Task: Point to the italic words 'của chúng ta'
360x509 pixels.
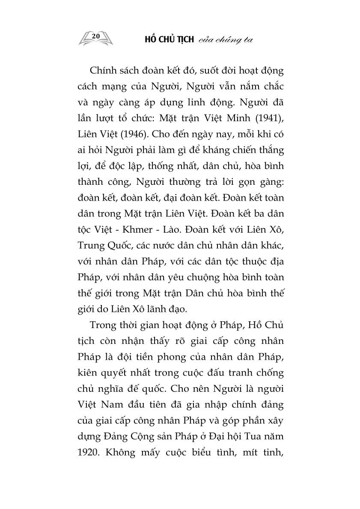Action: pyautogui.click(x=224, y=40)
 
